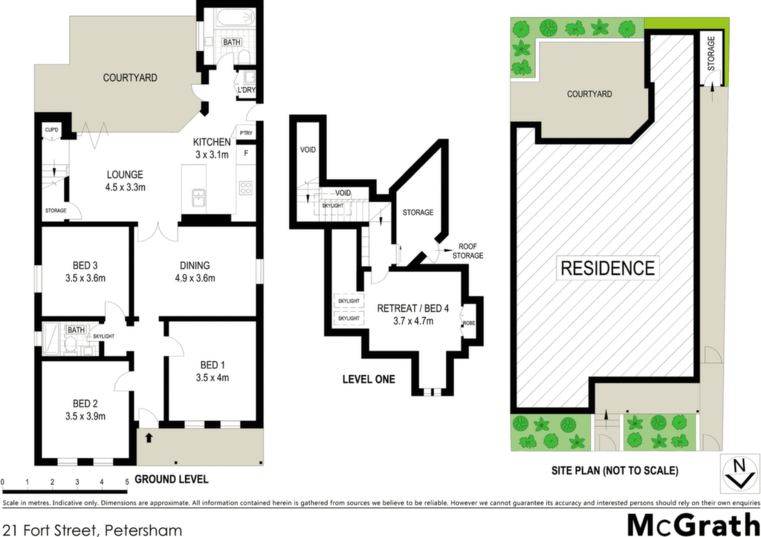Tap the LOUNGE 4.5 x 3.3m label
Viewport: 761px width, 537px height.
coord(125,180)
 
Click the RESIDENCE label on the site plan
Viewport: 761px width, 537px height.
coord(608,268)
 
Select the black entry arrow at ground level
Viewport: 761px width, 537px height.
coord(149,438)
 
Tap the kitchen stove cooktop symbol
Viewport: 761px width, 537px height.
coord(245,187)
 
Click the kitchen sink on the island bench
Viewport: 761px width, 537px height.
coord(199,198)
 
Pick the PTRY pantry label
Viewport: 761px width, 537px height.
coord(246,133)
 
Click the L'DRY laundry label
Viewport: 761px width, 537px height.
coord(247,90)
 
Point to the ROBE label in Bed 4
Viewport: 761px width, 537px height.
coord(469,323)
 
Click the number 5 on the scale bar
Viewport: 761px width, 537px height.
coord(127,482)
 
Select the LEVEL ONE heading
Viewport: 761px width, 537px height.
coord(369,380)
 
